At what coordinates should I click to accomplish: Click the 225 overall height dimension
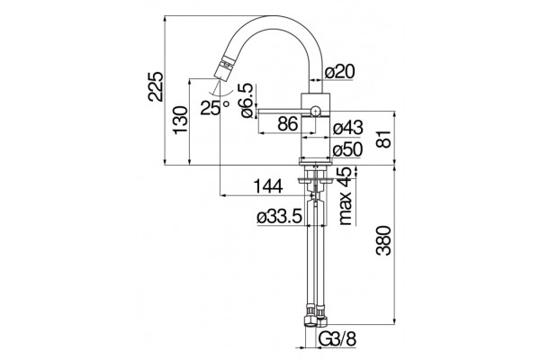point(155,86)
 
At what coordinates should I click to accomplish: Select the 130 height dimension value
point(181,121)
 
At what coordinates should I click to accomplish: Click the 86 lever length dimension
point(288,123)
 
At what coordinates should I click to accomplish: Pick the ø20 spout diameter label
point(339,72)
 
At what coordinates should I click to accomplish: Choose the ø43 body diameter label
point(347,128)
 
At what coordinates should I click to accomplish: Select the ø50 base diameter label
point(347,149)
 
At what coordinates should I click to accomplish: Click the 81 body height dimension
point(384,139)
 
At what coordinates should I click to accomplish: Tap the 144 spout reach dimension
point(268,186)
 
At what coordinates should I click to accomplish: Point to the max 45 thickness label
point(346,196)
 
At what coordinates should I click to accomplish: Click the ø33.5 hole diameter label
point(279,217)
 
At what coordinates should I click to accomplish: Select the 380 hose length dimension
point(384,241)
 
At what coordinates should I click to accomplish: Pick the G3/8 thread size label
point(337,339)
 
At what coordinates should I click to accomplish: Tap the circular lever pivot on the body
point(315,112)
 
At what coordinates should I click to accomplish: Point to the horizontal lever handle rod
point(283,111)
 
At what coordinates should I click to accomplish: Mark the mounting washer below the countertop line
point(315,180)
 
